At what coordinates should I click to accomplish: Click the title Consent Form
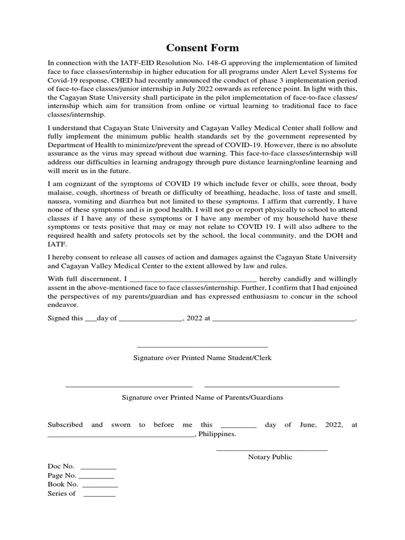point(202,48)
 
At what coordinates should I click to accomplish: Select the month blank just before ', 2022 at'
point(150,319)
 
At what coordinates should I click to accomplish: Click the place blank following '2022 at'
point(284,319)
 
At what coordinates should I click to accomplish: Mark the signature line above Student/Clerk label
point(202,346)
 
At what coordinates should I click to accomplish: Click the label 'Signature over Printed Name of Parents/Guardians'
point(202,398)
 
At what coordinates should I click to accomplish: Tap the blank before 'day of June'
point(238,425)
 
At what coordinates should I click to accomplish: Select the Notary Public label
point(270,457)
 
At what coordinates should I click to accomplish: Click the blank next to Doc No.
point(98,467)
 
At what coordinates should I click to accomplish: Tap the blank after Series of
point(99,494)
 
